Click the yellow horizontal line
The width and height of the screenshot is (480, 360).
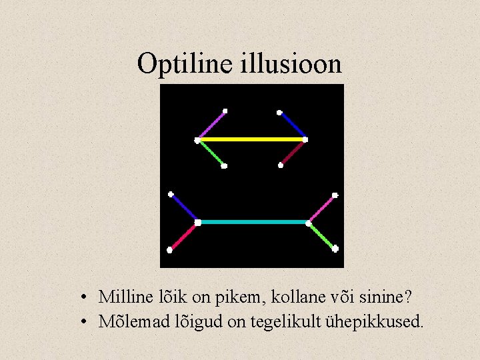[251, 139]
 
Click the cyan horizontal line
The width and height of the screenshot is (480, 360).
[253, 222]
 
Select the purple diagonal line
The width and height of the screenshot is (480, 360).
[211, 125]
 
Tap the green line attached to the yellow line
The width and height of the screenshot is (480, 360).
[211, 153]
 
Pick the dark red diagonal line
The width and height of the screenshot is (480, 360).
[293, 153]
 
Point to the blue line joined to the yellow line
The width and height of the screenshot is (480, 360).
[292, 125]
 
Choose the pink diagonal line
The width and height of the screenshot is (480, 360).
[321, 209]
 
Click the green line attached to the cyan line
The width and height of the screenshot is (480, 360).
[322, 236]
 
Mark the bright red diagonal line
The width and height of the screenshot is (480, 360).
[183, 236]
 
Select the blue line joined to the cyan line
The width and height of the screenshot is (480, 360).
[184, 208]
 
